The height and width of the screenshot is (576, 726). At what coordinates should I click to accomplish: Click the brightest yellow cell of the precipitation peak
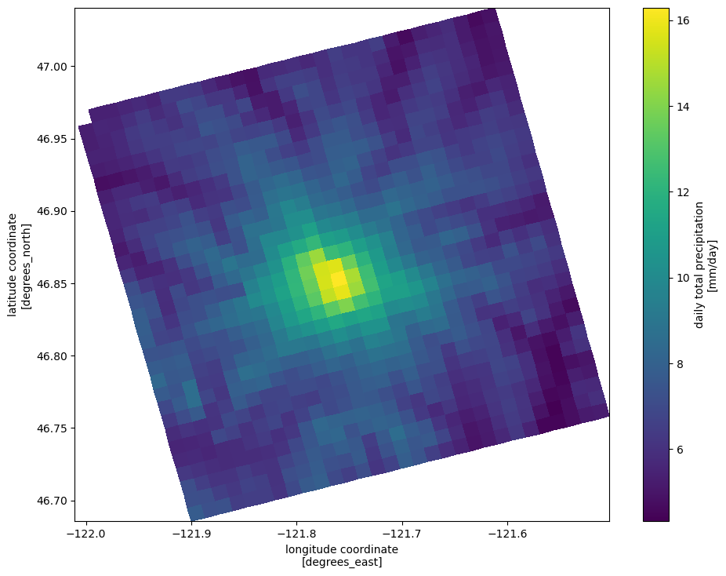339,280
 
